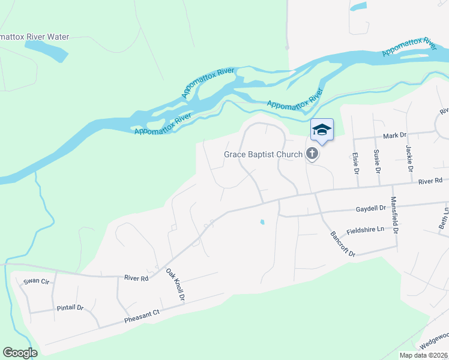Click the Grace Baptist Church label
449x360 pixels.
264,154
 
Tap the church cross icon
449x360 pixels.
312,154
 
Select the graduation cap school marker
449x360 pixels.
322,130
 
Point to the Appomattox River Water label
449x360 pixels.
35,37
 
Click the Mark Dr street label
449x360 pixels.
395,136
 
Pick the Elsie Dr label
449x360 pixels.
356,163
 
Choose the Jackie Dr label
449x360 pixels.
410,159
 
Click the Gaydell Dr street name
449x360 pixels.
370,209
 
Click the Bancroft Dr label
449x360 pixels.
342,244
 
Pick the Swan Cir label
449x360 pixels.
35,281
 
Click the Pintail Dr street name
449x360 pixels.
70,308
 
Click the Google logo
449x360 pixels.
20,353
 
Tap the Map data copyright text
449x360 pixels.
423,355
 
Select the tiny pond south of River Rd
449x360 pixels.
262,223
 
